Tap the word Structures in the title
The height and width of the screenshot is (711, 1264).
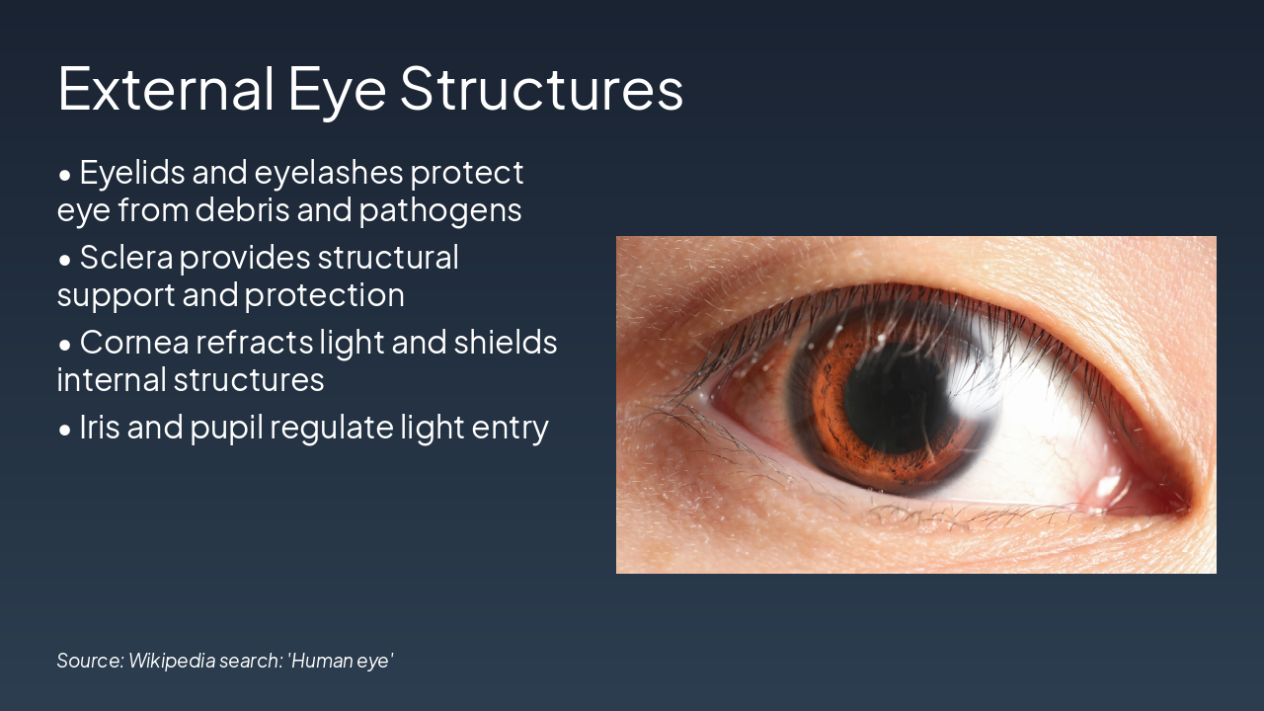(541, 88)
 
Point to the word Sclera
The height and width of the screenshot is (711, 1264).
(125, 258)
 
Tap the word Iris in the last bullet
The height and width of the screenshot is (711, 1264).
(98, 428)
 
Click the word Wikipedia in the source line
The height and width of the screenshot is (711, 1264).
(170, 660)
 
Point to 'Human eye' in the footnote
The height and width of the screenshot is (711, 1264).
(341, 660)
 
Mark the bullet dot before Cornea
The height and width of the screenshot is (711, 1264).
(65, 346)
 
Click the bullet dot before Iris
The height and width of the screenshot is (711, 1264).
(65, 431)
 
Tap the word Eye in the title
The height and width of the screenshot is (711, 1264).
(337, 88)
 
